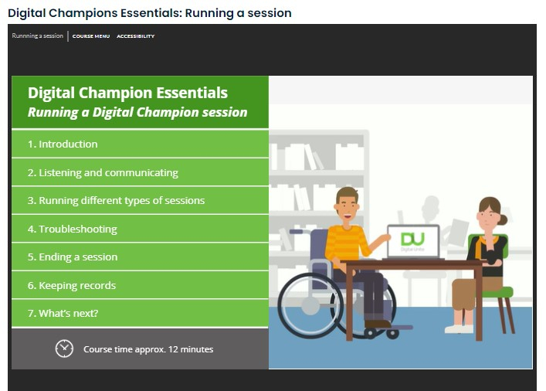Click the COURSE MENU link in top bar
[91, 36]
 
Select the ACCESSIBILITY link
[135, 36]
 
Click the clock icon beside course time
[64, 348]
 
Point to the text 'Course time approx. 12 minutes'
[148, 349]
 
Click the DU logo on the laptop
[412, 238]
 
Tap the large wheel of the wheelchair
[309, 304]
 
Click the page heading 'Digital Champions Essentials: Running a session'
[150, 12]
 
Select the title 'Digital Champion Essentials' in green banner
[127, 93]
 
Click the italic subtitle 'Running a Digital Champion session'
[137, 113]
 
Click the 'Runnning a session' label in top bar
[38, 36]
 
